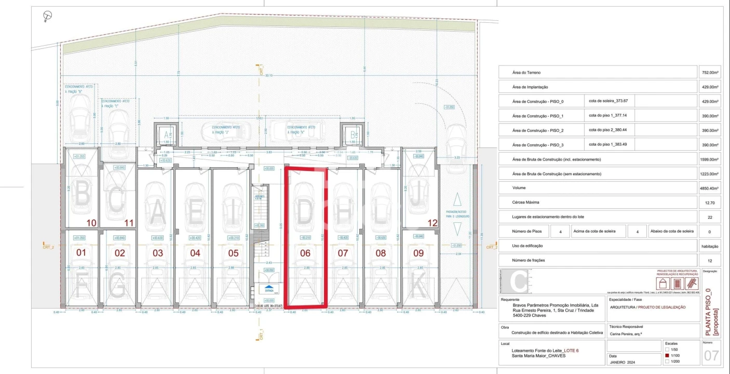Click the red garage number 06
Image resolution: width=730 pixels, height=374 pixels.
point(305,253)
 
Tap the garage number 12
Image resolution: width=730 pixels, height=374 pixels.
point(431,223)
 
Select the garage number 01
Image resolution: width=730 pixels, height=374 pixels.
point(82,253)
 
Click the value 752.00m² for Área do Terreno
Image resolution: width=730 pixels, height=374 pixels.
point(709,73)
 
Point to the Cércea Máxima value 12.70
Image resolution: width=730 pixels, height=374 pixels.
point(709,203)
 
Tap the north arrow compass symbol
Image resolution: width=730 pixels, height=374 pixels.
point(48,17)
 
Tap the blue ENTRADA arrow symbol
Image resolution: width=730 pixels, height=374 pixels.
point(268,287)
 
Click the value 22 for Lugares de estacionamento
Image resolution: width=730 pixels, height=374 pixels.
point(709,218)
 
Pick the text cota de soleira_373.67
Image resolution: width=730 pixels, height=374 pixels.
point(609,101)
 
